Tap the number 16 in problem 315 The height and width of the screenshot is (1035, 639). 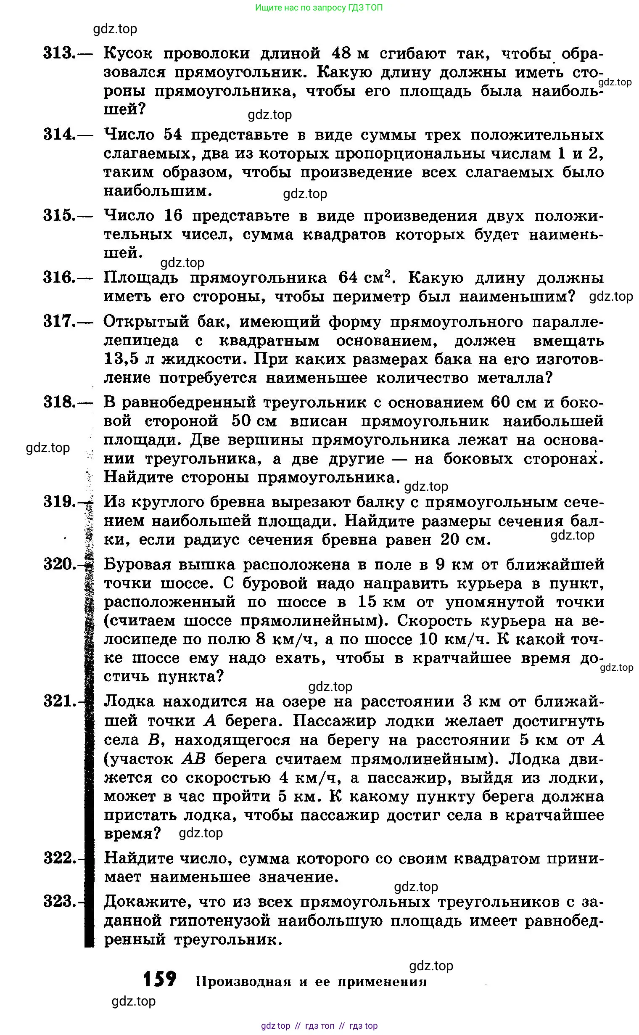[x=173, y=216]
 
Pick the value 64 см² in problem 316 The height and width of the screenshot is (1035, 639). [x=364, y=277]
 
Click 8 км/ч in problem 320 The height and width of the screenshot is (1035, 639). [x=286, y=639]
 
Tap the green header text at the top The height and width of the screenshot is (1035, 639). [x=319, y=8]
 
